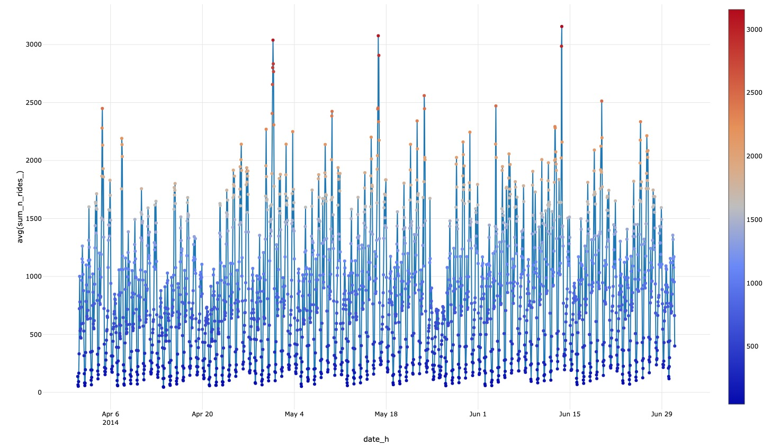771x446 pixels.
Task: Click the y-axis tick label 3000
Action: [33, 44]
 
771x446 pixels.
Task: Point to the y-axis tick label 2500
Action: [33, 102]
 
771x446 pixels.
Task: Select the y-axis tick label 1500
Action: [33, 218]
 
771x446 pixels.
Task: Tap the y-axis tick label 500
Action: [35, 334]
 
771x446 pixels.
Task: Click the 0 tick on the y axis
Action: [39, 393]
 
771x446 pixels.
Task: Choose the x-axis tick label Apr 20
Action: [202, 414]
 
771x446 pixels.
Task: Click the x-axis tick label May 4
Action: [294, 414]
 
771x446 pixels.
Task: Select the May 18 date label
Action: [386, 414]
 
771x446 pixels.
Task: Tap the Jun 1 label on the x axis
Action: [478, 414]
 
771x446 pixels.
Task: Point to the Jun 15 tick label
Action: [570, 414]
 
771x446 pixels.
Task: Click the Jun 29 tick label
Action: [661, 414]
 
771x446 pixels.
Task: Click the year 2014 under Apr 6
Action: [110, 423]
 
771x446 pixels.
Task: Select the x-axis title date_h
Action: [376, 439]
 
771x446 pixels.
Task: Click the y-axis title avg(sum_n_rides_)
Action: [20, 207]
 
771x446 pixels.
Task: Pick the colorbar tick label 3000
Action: [754, 30]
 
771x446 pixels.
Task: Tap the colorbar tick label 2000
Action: [754, 156]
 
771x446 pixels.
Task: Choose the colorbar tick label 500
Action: [752, 346]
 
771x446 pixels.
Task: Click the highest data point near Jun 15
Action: [561, 26]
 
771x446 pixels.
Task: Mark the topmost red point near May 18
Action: [378, 36]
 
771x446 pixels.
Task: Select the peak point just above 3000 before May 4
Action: [273, 40]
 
